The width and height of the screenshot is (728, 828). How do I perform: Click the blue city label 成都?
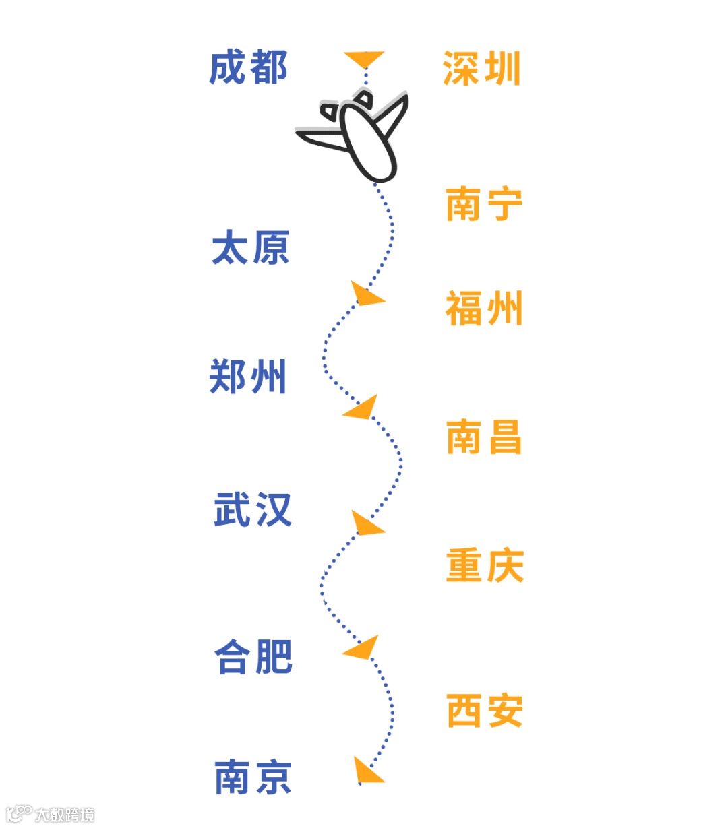click(x=248, y=67)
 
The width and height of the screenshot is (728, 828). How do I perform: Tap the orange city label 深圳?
click(x=481, y=69)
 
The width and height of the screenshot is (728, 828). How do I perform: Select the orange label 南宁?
click(x=483, y=204)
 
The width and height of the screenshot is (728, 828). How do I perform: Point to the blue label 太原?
click(x=250, y=247)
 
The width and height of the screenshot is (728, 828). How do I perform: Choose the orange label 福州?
click(x=483, y=309)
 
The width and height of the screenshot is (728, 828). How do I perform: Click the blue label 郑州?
click(x=248, y=376)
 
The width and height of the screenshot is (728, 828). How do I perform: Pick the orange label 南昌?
click(x=483, y=437)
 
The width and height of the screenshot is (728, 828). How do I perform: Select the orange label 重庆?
click(x=484, y=565)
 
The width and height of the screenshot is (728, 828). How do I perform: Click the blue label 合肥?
click(x=253, y=657)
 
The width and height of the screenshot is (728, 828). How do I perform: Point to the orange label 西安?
click(x=484, y=710)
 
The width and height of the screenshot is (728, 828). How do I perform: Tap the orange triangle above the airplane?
click(x=365, y=59)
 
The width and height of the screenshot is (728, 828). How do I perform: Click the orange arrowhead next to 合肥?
click(x=362, y=649)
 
